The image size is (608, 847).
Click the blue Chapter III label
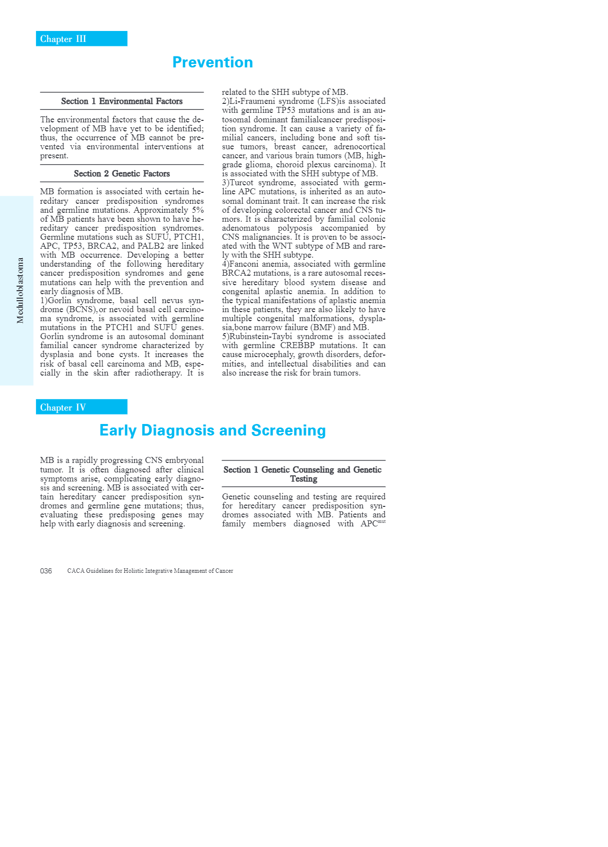coord(63,39)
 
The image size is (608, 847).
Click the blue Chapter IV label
coord(63,408)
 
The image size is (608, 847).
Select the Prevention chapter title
coord(213,62)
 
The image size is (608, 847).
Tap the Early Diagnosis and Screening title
coord(213,430)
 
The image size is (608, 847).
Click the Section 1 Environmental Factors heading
coord(122,101)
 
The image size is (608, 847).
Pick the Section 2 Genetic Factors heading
coord(122,174)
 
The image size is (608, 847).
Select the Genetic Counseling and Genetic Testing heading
coord(303,474)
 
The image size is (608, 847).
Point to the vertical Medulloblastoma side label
coord(20,290)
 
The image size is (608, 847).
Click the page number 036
coord(46,571)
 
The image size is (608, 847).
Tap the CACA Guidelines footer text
coord(150,571)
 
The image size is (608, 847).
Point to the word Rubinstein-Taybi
coord(260,337)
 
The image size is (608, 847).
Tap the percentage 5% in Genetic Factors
coord(198,210)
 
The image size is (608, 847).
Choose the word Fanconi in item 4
coord(244,264)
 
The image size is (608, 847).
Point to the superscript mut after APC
coord(382,521)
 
